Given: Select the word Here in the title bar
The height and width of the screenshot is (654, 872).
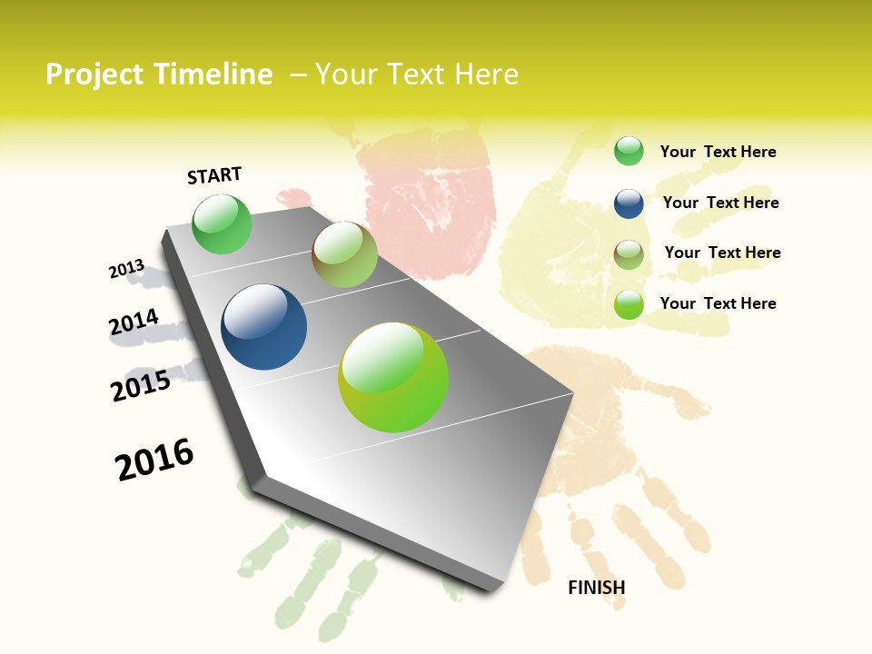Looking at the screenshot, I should click(x=486, y=74).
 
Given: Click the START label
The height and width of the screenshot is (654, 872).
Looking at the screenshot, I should click(x=214, y=175).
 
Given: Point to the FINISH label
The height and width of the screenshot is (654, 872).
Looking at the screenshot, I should click(x=596, y=588).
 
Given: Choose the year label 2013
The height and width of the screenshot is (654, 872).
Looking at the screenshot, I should click(x=126, y=269).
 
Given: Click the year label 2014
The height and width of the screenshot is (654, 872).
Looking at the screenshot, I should click(x=134, y=322).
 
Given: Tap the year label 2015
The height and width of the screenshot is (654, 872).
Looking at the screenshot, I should click(x=141, y=386).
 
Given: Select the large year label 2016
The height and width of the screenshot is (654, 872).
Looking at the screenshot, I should click(x=154, y=460).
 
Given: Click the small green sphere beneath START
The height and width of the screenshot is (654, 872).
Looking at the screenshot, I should click(x=222, y=224).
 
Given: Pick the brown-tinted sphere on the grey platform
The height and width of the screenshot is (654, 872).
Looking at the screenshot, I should click(x=344, y=254).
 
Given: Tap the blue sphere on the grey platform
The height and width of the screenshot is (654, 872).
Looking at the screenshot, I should click(x=263, y=327).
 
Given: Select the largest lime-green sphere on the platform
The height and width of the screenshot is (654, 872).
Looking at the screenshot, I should click(x=393, y=377).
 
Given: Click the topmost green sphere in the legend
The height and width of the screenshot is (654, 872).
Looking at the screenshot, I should click(x=629, y=151).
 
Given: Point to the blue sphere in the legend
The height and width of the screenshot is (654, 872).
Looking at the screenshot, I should click(x=629, y=203).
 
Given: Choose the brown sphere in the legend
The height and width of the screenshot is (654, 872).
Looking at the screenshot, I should click(x=629, y=254).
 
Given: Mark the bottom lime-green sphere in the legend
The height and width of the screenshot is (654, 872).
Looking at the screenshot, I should click(x=629, y=304).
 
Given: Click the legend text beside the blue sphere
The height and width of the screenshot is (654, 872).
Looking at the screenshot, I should click(x=720, y=203).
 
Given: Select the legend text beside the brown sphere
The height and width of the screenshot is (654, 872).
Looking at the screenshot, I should click(x=722, y=253).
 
